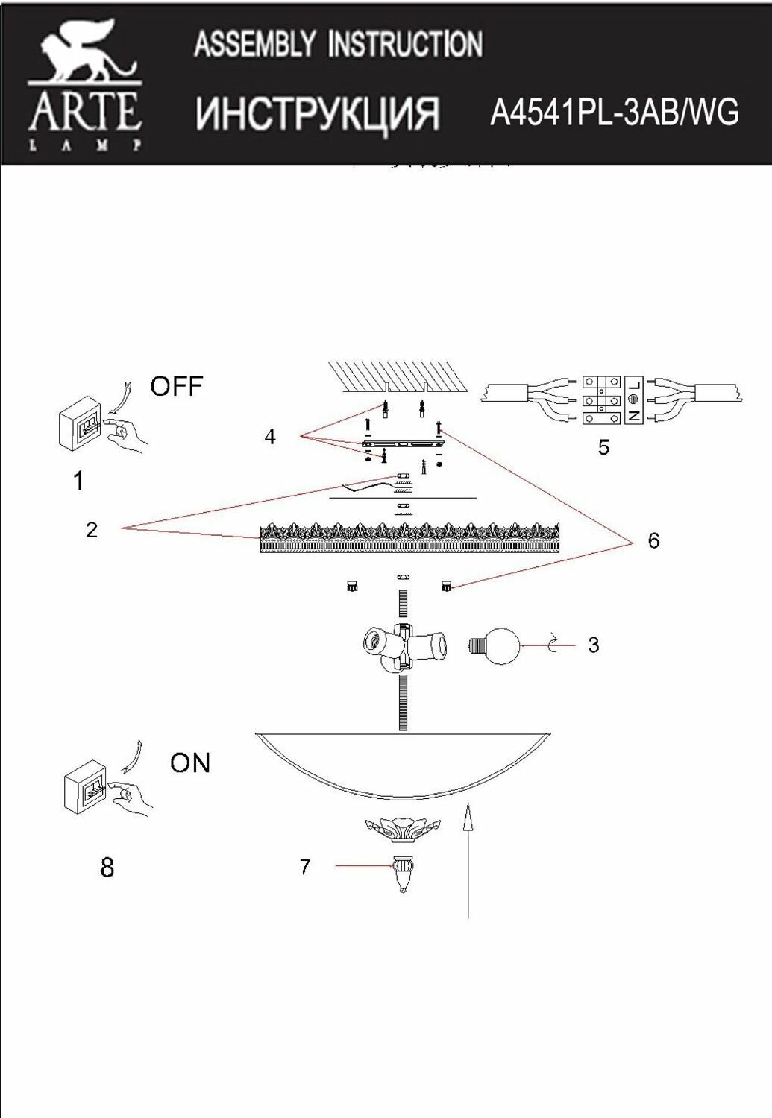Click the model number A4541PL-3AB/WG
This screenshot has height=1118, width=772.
click(x=614, y=113)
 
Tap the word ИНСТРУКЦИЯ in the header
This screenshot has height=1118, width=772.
click(x=317, y=113)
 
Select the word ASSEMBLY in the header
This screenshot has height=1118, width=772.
click(x=254, y=45)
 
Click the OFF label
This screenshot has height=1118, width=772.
click(x=176, y=386)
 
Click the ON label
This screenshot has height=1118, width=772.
click(x=189, y=762)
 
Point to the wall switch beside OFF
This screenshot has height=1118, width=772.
click(x=80, y=423)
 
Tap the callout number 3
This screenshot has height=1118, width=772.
click(x=593, y=645)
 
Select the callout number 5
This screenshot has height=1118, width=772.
click(x=603, y=447)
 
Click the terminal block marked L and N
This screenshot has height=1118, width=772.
click(x=612, y=400)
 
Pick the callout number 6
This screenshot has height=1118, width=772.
click(x=653, y=540)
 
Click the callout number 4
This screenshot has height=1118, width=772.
click(x=270, y=437)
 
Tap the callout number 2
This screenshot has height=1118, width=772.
click(x=92, y=530)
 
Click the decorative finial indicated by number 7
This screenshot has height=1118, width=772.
click(x=403, y=874)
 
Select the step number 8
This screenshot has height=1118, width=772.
click(x=107, y=867)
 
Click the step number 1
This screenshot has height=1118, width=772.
click(x=79, y=481)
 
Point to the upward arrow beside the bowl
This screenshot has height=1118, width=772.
click(x=468, y=857)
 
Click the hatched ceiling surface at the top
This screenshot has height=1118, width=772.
click(x=398, y=376)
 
